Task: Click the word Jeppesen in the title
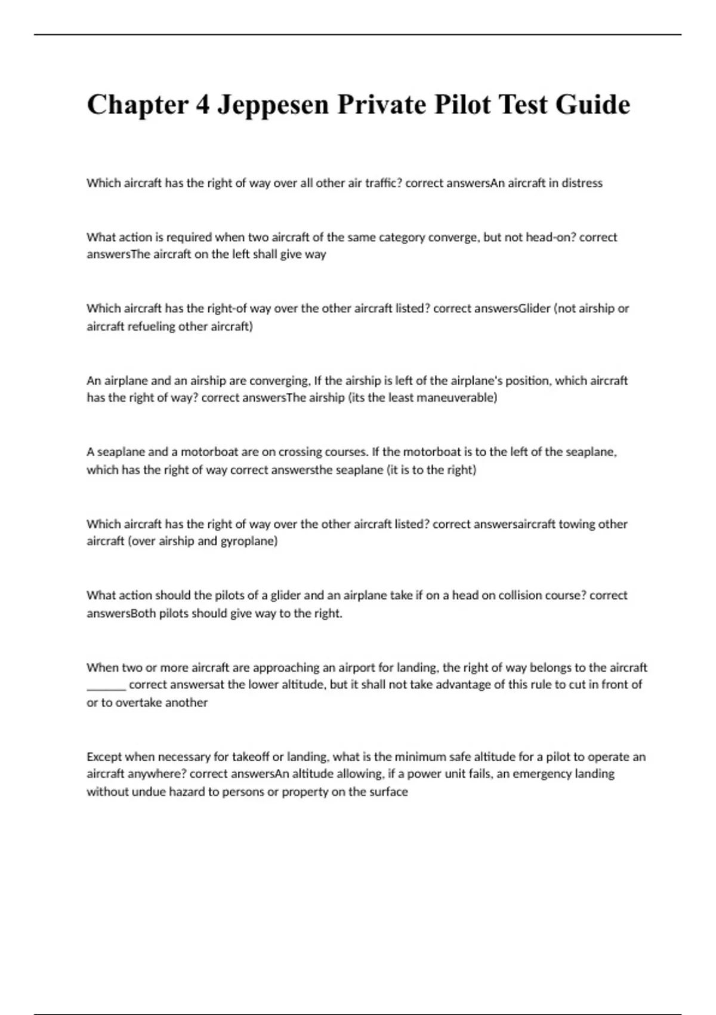[x=273, y=105]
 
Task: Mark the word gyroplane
[x=249, y=542]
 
